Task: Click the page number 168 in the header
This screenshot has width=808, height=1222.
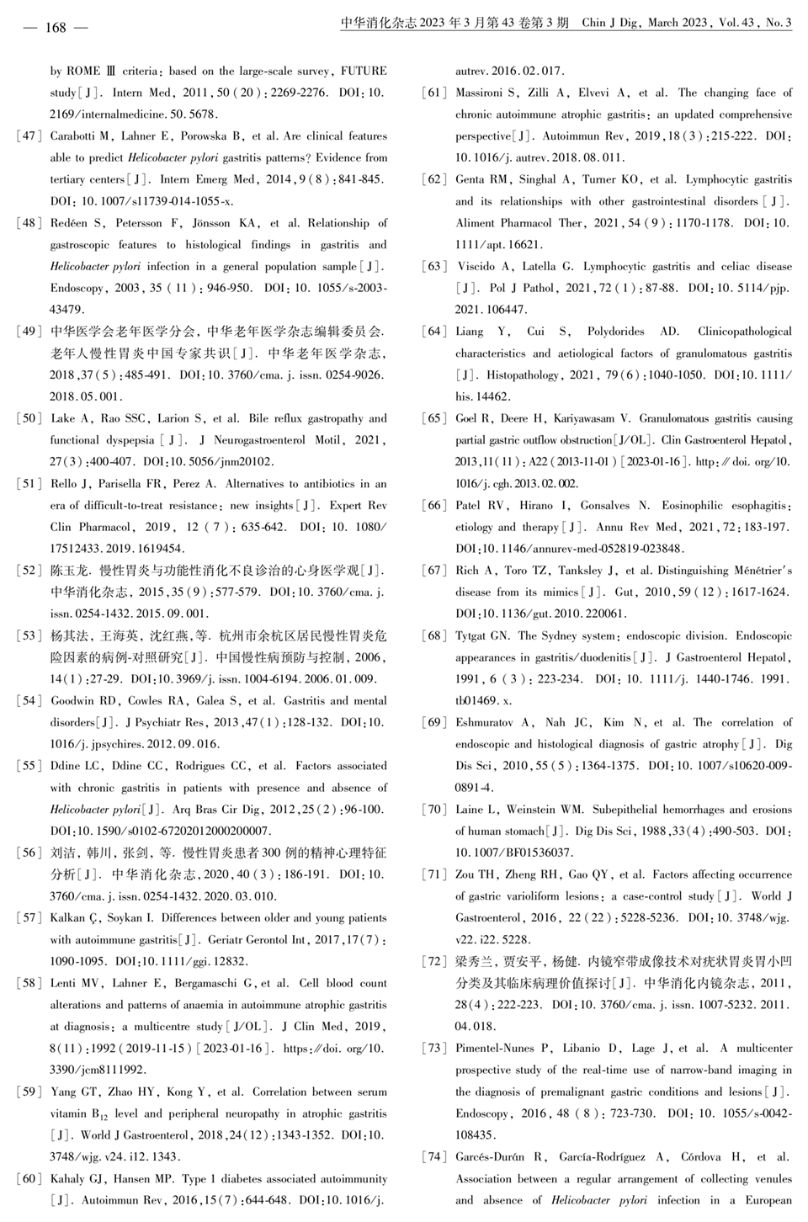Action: click(x=56, y=27)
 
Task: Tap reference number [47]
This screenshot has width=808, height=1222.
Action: click(x=29, y=136)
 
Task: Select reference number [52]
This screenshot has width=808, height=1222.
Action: click(x=29, y=571)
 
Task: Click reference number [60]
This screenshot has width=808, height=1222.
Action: click(x=29, y=1179)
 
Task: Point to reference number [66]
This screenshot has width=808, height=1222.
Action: click(x=434, y=506)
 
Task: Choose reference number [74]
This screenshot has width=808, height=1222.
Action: click(x=434, y=1157)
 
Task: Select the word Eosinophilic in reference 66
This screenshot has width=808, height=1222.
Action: click(x=671, y=506)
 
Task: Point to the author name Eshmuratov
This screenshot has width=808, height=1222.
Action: click(x=485, y=723)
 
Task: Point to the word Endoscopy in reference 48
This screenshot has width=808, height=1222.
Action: click(x=77, y=289)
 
